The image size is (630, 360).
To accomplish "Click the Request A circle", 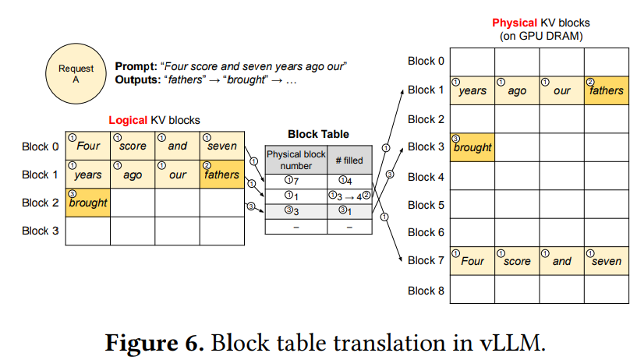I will tap(76, 74).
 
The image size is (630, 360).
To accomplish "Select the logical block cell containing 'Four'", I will tap(87, 146).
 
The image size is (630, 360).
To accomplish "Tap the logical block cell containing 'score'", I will tap(132, 146).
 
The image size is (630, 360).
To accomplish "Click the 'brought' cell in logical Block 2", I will tap(87, 203).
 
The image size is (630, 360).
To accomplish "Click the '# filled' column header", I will tap(349, 159).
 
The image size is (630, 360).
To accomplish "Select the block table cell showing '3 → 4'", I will tap(349, 195).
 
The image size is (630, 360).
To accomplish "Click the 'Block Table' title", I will tap(318, 134).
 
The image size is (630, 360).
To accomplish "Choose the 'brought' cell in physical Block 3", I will tap(472, 146).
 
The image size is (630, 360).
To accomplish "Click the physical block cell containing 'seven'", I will tap(605, 261).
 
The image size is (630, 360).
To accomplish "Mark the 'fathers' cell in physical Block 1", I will tap(605, 90).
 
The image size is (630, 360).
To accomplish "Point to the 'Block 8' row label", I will tap(426, 291).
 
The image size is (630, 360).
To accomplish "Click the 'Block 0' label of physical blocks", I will tap(426, 61).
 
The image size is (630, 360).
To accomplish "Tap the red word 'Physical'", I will tap(515, 23).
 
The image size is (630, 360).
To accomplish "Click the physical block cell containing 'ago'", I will tap(516, 90).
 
